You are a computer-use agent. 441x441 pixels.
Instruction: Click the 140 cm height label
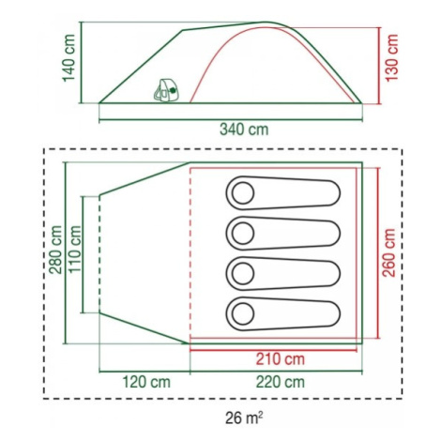click(69, 58)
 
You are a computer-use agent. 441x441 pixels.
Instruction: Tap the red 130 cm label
click(391, 58)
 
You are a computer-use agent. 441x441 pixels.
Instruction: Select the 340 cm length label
click(244, 129)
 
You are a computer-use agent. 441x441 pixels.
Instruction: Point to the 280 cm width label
click(55, 250)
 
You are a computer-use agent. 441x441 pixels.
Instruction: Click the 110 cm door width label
click(75, 250)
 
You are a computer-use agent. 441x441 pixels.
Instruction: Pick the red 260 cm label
click(389, 252)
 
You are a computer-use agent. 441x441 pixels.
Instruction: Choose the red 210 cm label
click(281, 359)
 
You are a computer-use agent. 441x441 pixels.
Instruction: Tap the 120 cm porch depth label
click(146, 382)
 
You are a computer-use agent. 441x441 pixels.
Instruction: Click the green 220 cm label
click(281, 382)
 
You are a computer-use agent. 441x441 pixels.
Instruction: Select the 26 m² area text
click(244, 418)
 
